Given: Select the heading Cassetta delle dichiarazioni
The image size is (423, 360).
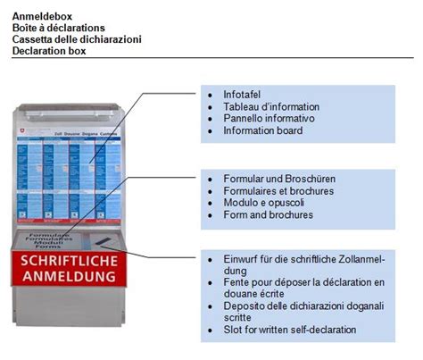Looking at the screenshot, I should pyautogui.click(x=77, y=38).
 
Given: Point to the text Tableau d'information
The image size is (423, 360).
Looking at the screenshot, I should pyautogui.click(x=271, y=106).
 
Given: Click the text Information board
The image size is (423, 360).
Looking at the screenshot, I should pyautogui.click(x=263, y=130).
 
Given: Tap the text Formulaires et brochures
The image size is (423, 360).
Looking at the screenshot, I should pyautogui.click(x=278, y=190).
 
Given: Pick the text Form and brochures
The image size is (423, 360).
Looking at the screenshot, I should pyautogui.click(x=268, y=214).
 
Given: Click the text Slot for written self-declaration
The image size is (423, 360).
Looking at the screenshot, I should pyautogui.click(x=290, y=330).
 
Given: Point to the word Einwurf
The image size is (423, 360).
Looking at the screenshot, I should pyautogui.click(x=240, y=258).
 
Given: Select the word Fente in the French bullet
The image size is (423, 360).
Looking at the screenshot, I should pyautogui.click(x=236, y=282).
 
